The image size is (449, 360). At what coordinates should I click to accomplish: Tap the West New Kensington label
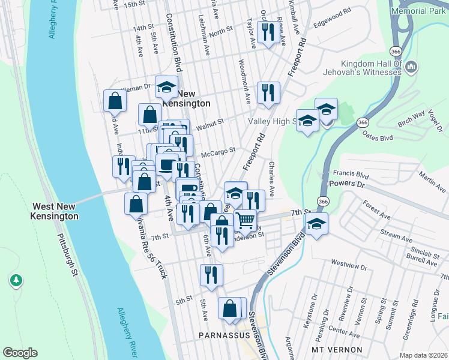pos(55,211)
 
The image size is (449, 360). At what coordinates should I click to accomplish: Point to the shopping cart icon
pos(245,220)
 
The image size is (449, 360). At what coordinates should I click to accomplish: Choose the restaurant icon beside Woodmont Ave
pos(268,92)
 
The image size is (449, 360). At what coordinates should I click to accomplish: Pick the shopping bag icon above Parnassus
pos(229,308)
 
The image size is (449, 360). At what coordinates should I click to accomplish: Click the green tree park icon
pos(16,280)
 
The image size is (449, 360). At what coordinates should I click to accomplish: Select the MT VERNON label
pos(337,349)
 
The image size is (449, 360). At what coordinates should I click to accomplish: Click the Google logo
pos(20,352)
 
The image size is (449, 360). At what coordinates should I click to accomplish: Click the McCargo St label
pos(217,152)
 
